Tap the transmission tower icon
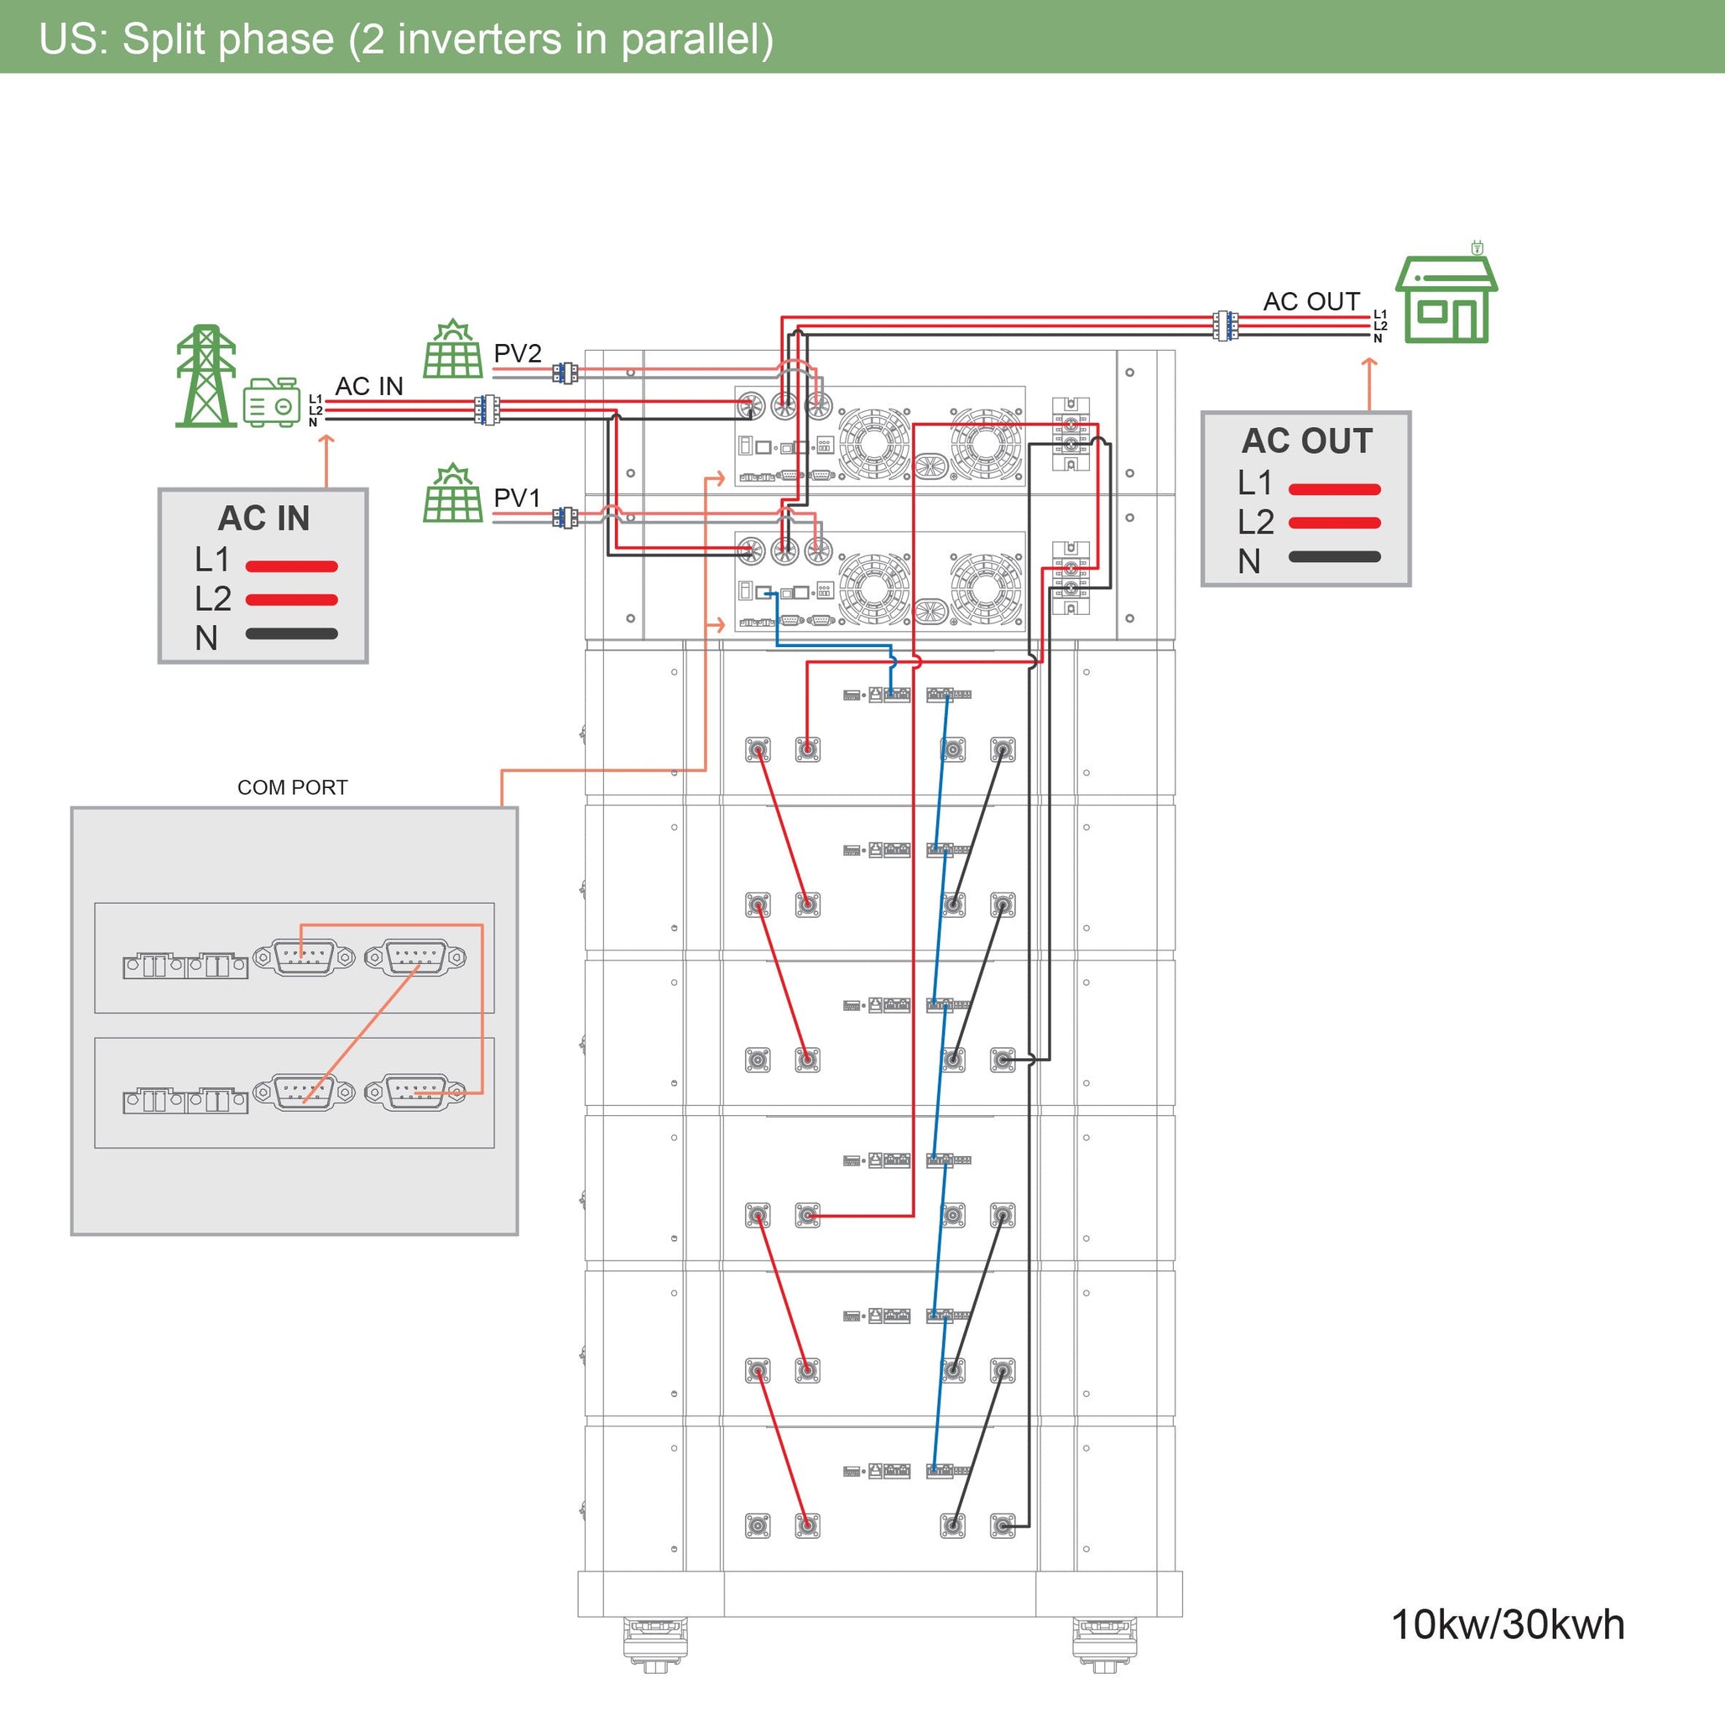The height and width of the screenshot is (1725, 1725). (206, 376)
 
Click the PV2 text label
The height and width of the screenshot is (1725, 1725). (517, 353)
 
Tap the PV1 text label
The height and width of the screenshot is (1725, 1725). (517, 498)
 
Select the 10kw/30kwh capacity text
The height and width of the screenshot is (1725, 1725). (1507, 1625)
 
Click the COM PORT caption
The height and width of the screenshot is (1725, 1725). (292, 788)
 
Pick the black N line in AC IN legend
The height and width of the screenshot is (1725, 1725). (291, 634)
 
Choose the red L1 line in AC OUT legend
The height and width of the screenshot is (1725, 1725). (1334, 489)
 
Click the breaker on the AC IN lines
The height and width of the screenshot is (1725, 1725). (487, 409)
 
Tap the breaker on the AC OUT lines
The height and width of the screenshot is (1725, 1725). (1226, 326)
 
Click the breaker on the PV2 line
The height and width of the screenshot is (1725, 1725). (565, 373)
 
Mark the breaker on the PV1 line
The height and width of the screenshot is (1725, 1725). (565, 518)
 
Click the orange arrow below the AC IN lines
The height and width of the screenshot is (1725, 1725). (326, 460)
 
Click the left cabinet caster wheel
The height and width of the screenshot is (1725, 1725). (654, 1642)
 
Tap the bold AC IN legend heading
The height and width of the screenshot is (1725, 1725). (264, 518)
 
